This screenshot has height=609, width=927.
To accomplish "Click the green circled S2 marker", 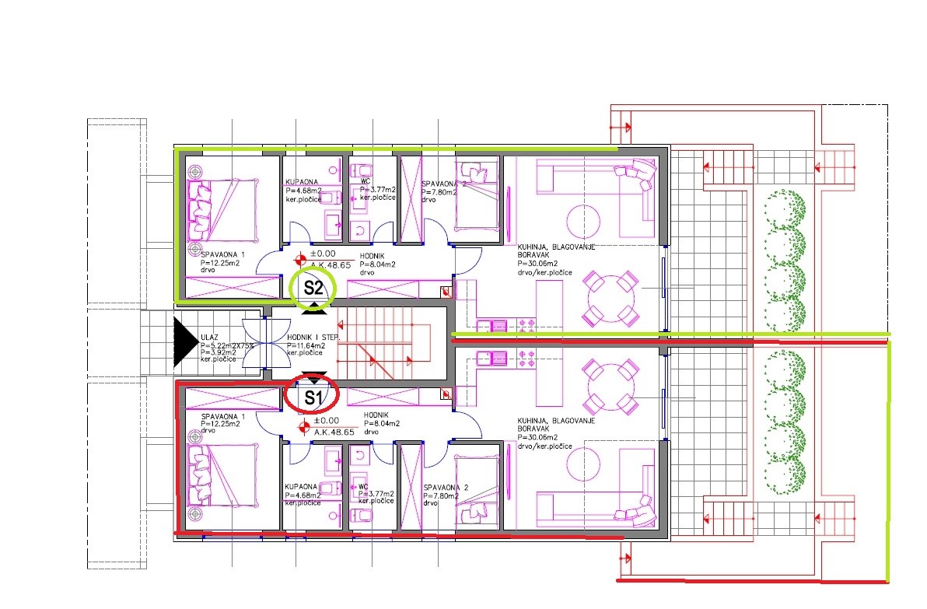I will click(x=313, y=288).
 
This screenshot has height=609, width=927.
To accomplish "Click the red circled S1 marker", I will click(x=312, y=397).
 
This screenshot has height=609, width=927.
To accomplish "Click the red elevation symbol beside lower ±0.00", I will click(x=304, y=425).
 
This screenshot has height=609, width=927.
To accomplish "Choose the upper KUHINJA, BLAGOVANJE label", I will click(x=557, y=247).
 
